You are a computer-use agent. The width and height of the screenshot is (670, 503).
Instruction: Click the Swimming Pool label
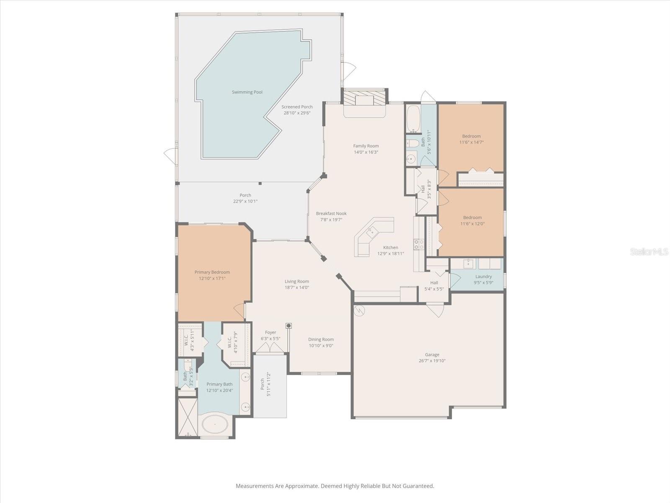click(x=247, y=92)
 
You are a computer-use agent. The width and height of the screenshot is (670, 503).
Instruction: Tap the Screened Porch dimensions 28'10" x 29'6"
click(x=297, y=113)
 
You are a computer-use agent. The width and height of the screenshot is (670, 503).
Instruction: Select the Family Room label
click(x=366, y=146)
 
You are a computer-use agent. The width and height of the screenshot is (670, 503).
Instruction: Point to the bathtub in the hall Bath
click(x=413, y=118)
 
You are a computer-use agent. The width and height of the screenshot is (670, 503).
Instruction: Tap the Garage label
click(x=432, y=355)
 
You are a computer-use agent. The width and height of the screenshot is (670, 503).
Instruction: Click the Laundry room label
click(x=483, y=277)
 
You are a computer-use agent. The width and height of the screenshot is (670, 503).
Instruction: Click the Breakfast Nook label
click(x=331, y=213)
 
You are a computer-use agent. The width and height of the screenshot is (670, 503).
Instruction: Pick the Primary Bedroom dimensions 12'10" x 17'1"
click(x=212, y=278)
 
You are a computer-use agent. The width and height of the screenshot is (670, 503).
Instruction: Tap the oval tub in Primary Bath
click(x=215, y=424)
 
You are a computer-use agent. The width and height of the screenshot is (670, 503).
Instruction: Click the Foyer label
click(x=271, y=332)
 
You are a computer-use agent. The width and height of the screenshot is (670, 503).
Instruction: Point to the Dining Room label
click(x=321, y=340)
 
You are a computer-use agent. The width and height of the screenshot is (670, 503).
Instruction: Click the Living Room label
click(x=297, y=282)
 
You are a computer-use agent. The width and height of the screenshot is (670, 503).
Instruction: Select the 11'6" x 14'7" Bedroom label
click(x=471, y=136)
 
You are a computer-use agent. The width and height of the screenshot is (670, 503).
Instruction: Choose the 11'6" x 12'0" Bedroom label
click(x=472, y=218)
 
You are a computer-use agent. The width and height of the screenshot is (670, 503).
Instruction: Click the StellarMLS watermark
click(x=649, y=252)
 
